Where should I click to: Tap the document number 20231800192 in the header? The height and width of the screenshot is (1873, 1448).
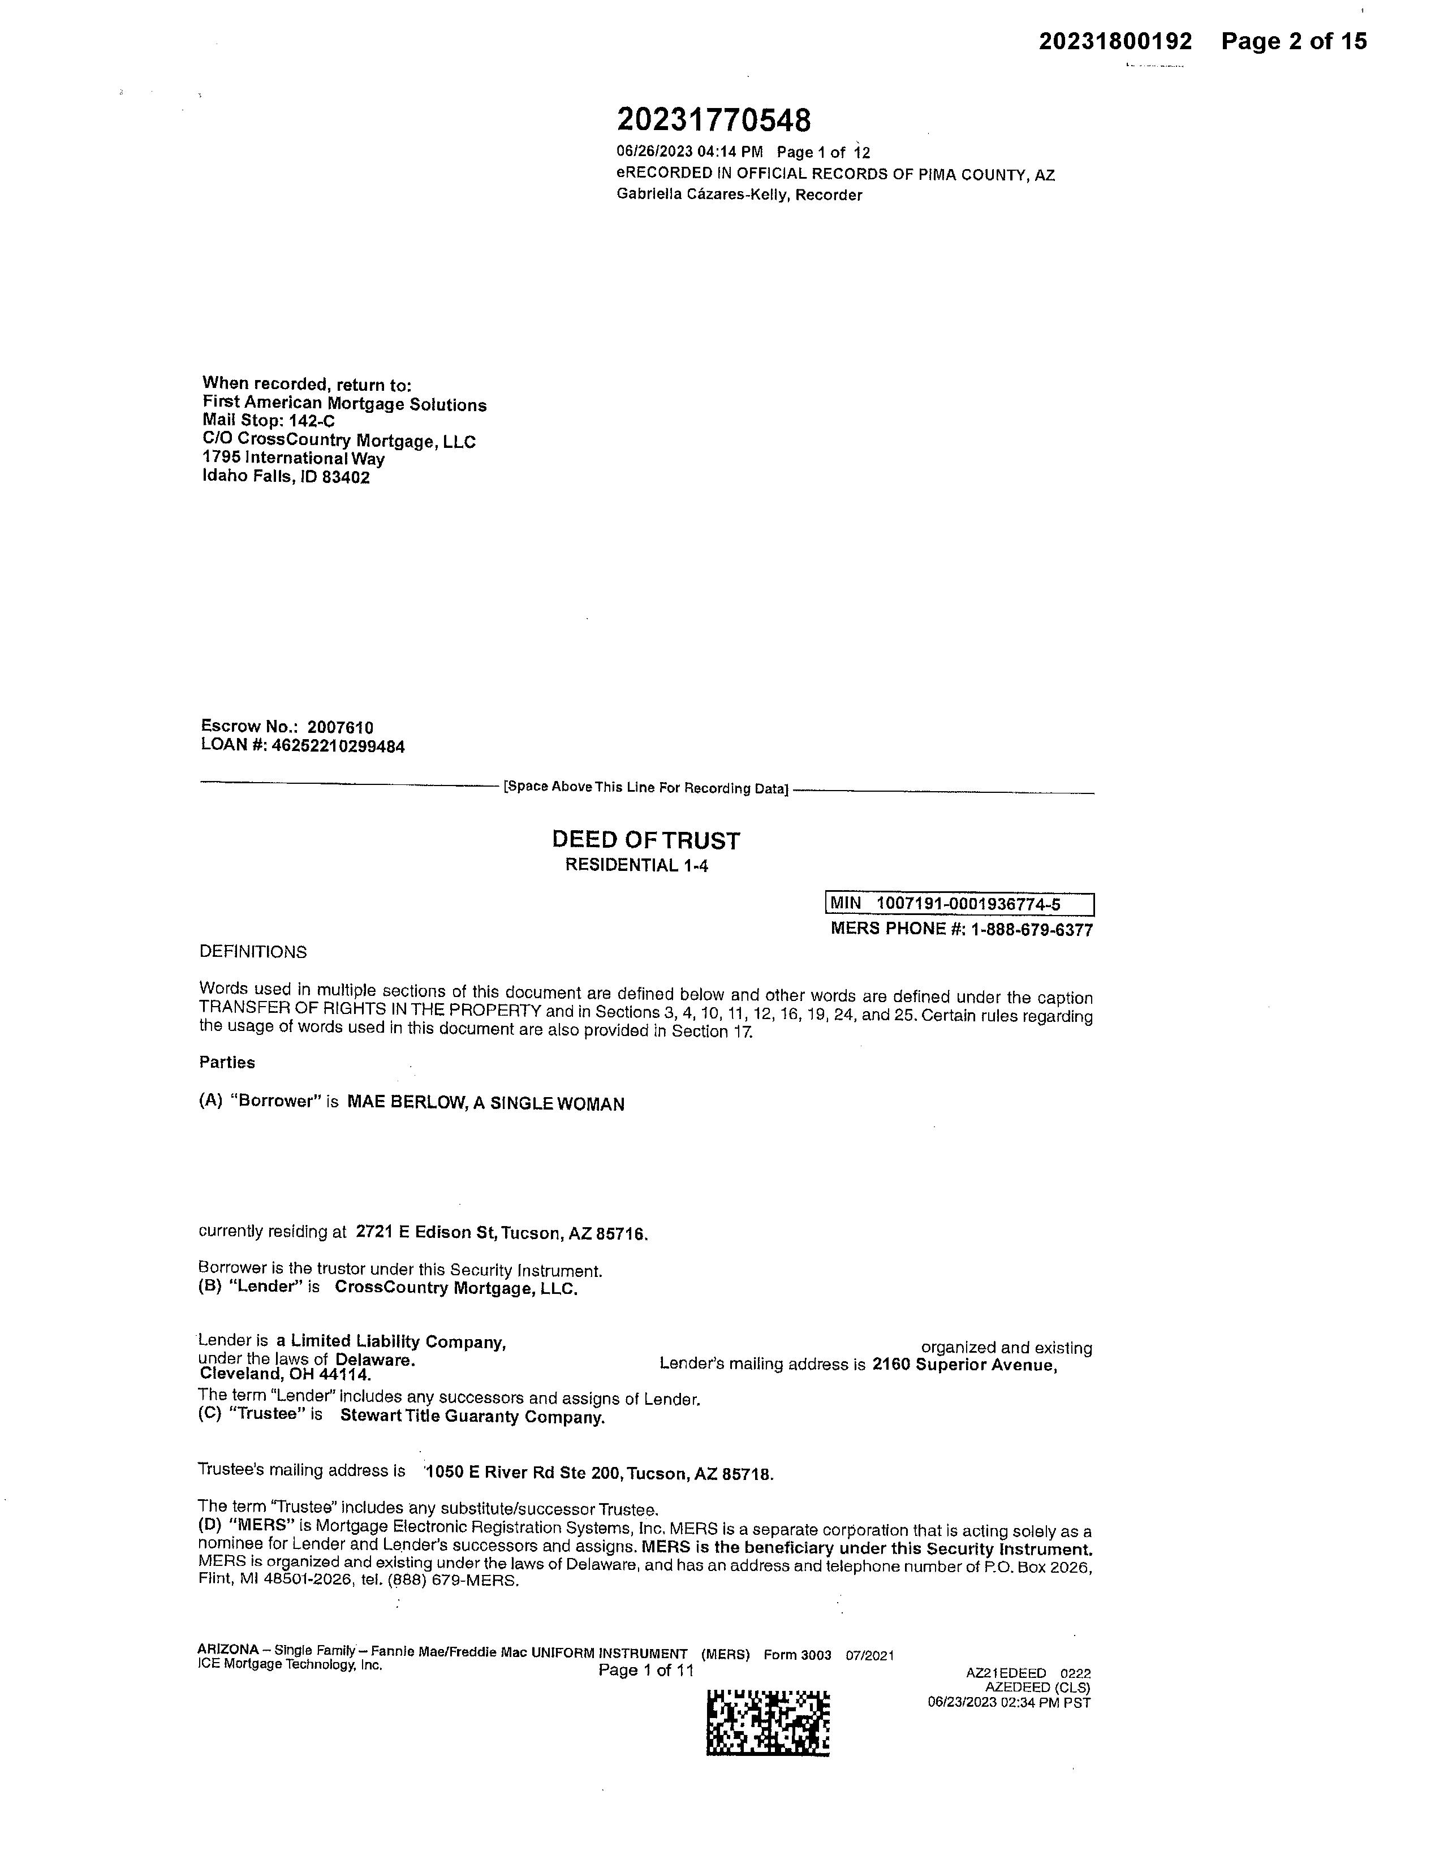click(x=1115, y=41)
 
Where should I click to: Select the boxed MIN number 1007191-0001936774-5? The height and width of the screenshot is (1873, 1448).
click(x=968, y=904)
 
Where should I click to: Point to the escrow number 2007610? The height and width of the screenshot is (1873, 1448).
click(x=341, y=728)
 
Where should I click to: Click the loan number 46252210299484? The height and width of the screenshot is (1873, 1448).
click(x=338, y=746)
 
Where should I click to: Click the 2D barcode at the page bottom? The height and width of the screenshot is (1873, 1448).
click(x=768, y=1723)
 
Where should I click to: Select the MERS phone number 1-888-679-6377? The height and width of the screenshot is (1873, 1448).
click(x=1032, y=930)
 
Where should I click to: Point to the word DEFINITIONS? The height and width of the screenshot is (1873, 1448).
click(x=253, y=952)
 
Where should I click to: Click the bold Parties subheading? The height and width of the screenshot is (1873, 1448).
click(x=227, y=1063)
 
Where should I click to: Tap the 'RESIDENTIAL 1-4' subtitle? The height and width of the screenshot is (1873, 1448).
click(x=636, y=865)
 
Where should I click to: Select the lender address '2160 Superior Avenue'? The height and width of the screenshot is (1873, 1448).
click(x=963, y=1365)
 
